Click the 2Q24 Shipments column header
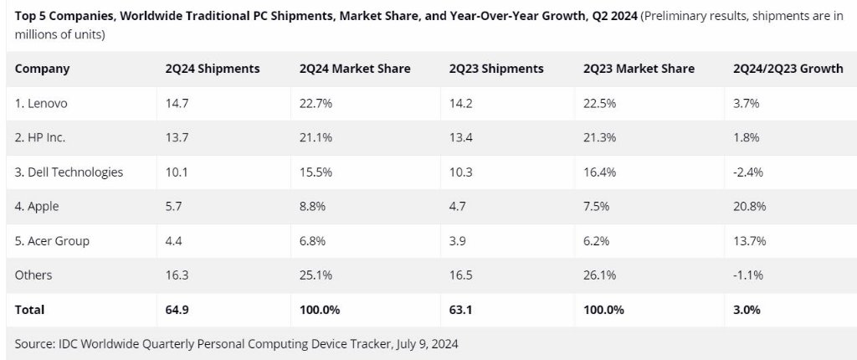(213, 69)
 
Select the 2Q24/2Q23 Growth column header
(788, 69)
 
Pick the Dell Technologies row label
(69, 172)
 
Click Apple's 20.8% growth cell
(749, 206)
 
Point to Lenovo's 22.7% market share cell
(316, 103)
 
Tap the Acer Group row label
(52, 240)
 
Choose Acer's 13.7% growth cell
(749, 240)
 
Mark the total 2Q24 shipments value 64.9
(178, 309)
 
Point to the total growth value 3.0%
(746, 309)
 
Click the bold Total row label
(29, 309)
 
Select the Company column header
(42, 69)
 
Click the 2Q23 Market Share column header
(639, 69)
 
